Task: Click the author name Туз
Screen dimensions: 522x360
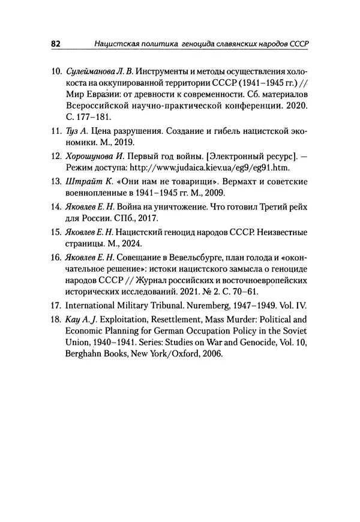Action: (72, 131)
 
